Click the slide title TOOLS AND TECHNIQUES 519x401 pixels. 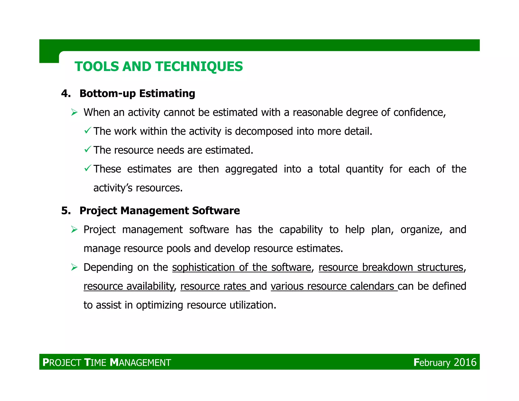point(159,67)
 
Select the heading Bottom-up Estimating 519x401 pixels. point(137,94)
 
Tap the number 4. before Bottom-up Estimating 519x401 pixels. point(66,94)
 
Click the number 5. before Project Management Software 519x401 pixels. point(66,211)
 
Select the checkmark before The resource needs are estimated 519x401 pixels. point(88,149)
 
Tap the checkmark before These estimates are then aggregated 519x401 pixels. point(88,168)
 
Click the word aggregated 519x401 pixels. point(251,169)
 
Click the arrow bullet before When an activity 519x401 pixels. point(74,112)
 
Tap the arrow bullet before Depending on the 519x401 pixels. point(74,267)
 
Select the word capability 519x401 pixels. point(301,230)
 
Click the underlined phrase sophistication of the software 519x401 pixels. point(242,267)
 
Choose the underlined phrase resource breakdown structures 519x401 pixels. point(391,267)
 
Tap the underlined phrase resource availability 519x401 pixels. point(129,286)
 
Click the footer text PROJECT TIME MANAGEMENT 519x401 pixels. point(107,362)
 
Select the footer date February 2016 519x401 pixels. point(445,362)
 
